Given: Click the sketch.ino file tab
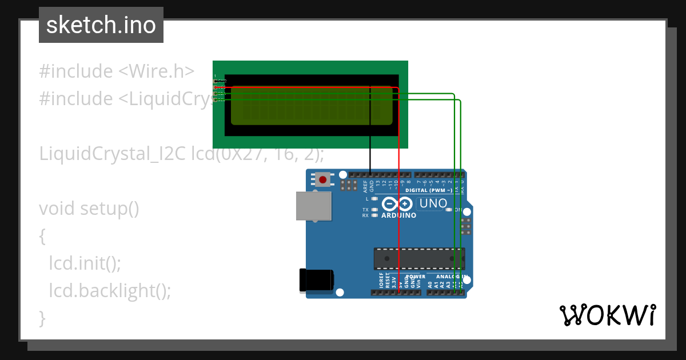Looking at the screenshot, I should click(101, 25).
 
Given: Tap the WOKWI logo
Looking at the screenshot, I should click(607, 315).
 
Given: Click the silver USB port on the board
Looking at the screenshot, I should click(313, 206).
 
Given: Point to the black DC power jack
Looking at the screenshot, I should click(316, 280).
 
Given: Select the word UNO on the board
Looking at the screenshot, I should click(433, 203).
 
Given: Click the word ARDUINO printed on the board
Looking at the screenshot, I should click(398, 215).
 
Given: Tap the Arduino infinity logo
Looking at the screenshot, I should click(397, 203).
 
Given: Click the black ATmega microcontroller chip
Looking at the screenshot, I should click(419, 258).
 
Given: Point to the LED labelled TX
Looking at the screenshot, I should click(374, 210).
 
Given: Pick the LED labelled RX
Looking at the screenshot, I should click(374, 215).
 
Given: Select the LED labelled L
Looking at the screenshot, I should click(374, 199).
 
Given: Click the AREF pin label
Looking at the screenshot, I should click(365, 186).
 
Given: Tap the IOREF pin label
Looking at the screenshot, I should click(381, 280).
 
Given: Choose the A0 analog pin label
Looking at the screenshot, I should click(430, 283).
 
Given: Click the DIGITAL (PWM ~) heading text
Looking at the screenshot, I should click(429, 190).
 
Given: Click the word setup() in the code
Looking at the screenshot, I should click(109, 209).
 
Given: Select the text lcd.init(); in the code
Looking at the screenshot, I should click(85, 263).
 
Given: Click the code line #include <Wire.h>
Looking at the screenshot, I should click(117, 71).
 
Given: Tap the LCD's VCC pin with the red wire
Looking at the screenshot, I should click(216, 87).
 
